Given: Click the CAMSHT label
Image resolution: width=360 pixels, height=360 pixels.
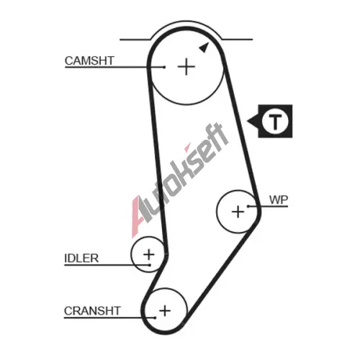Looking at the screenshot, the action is (x=89, y=60).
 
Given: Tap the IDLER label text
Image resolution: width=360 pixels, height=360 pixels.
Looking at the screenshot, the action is (x=81, y=258).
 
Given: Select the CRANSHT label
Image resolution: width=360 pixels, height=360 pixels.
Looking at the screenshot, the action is (x=92, y=311).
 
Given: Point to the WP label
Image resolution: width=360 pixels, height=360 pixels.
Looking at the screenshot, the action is (x=279, y=199).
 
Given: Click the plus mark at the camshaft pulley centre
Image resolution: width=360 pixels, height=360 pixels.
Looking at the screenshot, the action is (x=186, y=66).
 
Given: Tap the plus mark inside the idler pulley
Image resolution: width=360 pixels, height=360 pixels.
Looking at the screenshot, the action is (x=149, y=254).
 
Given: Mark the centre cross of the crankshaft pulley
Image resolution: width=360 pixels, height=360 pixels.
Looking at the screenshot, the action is (x=165, y=311).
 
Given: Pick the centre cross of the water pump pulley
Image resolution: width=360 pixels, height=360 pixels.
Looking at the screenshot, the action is (x=238, y=212).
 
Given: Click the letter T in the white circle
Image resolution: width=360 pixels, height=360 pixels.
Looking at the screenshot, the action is (x=275, y=122).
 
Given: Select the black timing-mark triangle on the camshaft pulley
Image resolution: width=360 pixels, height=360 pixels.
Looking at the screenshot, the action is (x=204, y=48).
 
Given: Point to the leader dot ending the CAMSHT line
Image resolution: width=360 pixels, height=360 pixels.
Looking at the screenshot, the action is (x=164, y=67).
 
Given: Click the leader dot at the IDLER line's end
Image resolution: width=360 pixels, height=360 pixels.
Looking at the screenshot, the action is (x=150, y=265).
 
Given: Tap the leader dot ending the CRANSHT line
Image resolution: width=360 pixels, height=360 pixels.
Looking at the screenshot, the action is (x=156, y=318).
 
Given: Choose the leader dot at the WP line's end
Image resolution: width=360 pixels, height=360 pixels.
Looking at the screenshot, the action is (x=248, y=206).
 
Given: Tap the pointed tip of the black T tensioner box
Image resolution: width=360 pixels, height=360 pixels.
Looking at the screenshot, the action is (x=247, y=122).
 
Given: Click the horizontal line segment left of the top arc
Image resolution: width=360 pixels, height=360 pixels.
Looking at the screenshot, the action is (x=135, y=40).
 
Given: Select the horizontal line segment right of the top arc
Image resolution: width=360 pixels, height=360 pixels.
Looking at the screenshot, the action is (x=238, y=39).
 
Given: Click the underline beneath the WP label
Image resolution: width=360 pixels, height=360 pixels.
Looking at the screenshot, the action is (x=269, y=206).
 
